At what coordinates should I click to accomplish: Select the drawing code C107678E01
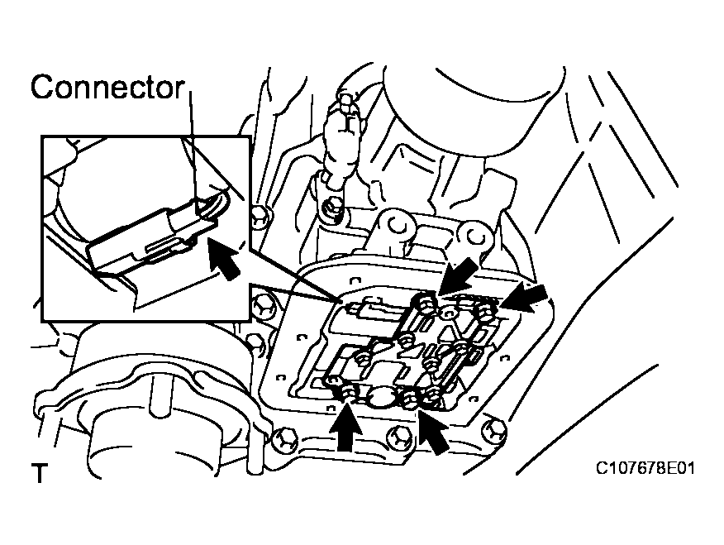pos(645,469)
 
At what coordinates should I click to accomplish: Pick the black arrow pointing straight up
pos(348,426)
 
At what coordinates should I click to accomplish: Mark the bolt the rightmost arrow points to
pos(486,312)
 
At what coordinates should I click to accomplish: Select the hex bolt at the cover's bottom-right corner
pos(493,428)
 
